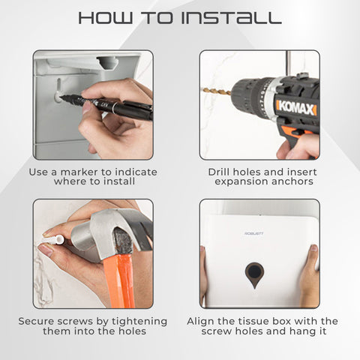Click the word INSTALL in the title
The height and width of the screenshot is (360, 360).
click(x=231, y=18)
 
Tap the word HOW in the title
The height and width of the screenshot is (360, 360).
click(x=106, y=18)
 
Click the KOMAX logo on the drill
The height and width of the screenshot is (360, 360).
click(x=296, y=108)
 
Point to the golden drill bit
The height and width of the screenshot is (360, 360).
click(x=217, y=91)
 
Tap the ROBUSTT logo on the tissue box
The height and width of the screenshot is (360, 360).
click(x=254, y=233)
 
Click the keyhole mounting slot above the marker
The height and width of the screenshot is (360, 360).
click(x=59, y=88)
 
